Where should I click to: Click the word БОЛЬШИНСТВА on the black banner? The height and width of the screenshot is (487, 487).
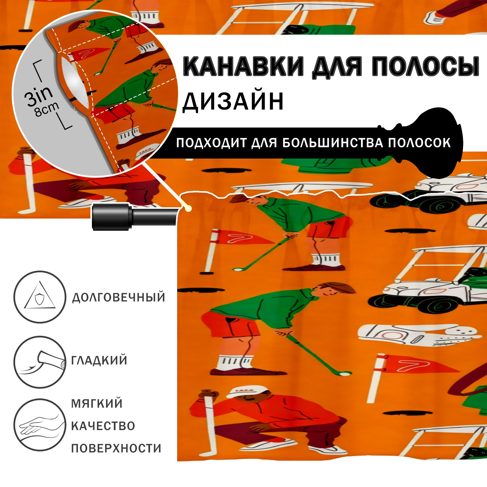pos(332,142)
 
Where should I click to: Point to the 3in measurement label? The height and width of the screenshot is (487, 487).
pos(39,96)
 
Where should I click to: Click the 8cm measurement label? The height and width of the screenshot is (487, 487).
pos(47,109)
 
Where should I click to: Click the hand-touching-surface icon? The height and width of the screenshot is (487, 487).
pos(40,425)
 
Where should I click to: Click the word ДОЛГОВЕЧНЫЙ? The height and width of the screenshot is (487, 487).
pos(119,297)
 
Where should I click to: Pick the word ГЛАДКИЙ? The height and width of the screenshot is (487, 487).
pos(99,360)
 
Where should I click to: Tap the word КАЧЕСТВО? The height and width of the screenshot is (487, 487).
pos(103,426)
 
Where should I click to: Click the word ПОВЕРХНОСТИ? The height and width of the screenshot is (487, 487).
pos(116,448)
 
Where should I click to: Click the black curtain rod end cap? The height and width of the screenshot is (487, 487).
pos(112,216)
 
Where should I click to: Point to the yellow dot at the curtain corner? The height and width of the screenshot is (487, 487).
pos(189,208)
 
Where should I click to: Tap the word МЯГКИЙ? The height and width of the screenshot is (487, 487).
pos(97,404)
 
